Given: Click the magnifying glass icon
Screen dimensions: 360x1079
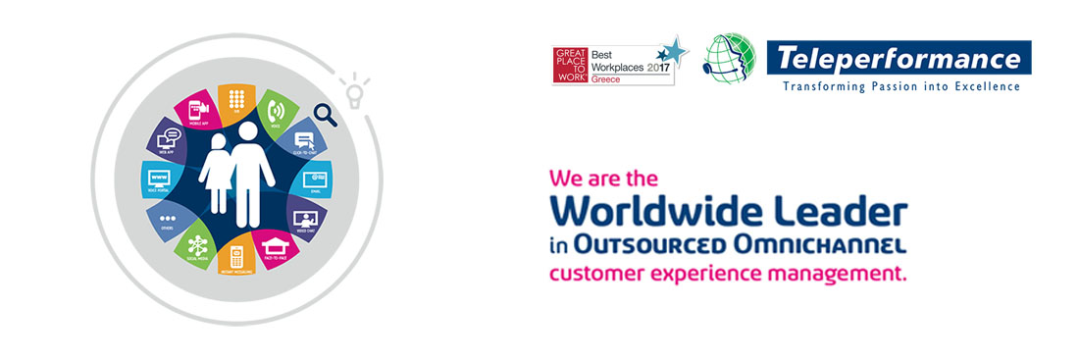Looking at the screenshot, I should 326,116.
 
